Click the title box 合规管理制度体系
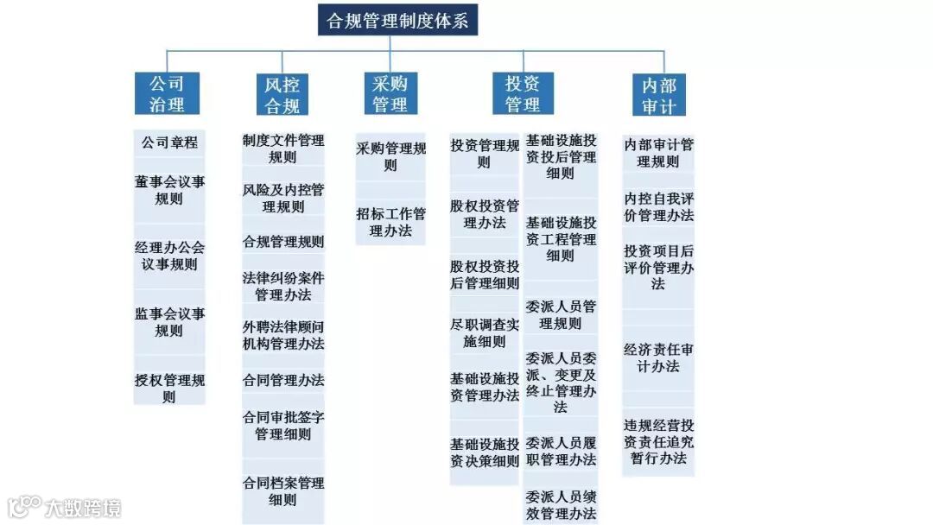click(x=397, y=21)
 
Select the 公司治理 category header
click(x=167, y=94)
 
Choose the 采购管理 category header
click(x=390, y=94)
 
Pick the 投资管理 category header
click(x=523, y=94)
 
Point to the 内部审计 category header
click(x=659, y=95)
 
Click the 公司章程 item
click(x=170, y=142)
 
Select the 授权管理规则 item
click(x=170, y=388)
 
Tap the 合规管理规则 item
click(x=283, y=242)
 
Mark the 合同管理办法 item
click(x=283, y=380)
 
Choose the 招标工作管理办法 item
click(x=390, y=222)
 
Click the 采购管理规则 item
click(x=390, y=156)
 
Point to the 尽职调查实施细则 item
click(x=485, y=332)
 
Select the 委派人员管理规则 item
click(x=561, y=314)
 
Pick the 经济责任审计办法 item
click(x=658, y=357)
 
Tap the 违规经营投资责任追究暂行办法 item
click(x=658, y=441)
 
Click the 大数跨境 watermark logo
click(x=66, y=506)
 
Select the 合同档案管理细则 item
click(x=283, y=490)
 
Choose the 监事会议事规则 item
click(x=170, y=321)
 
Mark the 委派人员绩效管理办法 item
click(x=561, y=505)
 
